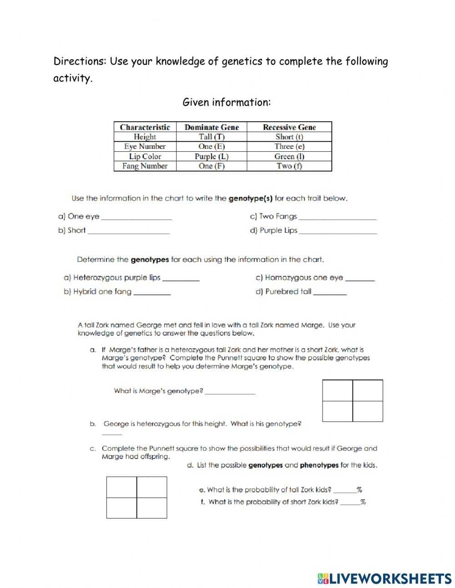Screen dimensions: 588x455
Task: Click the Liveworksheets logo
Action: pos(384,578)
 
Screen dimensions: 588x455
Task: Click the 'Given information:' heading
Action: pos(227,102)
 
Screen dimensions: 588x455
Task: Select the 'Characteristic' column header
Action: pos(145,127)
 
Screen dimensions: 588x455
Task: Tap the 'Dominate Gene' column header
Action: pos(212,127)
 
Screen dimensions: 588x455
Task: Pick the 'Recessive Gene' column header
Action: pos(289,127)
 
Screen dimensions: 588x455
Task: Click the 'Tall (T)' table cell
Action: pos(212,137)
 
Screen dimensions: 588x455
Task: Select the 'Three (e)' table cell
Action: pos(289,146)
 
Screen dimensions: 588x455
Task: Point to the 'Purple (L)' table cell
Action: pos(212,156)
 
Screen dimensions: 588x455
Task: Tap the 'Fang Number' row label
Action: pos(145,166)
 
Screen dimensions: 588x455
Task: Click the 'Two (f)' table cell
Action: pos(289,166)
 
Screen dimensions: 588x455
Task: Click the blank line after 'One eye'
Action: pos(136,217)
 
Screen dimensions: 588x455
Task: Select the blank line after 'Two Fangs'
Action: pos(338,217)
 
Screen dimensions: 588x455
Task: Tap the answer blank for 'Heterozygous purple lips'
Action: pos(181,278)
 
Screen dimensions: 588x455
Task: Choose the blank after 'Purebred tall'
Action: pos(330,292)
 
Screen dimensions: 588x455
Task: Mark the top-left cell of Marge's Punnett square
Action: pos(338,390)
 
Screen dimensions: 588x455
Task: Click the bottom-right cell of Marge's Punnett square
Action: pos(368,411)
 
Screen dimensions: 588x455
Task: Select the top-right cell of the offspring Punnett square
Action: pos(152,487)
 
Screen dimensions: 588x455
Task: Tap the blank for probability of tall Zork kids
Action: pos(344,491)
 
